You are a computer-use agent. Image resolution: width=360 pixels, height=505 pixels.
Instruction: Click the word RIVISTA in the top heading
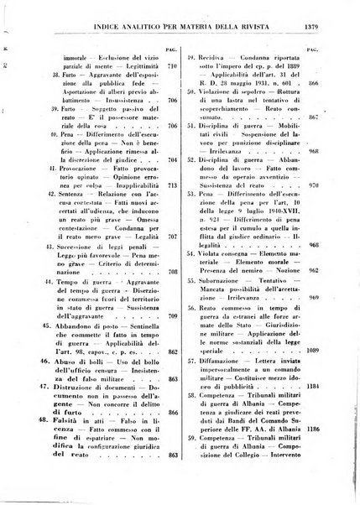[x=269, y=11]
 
